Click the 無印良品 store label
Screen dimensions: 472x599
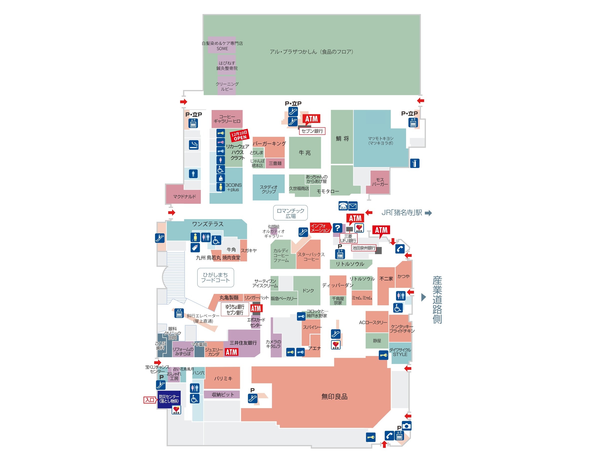(x=334, y=397)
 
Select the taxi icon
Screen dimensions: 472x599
(x=343, y=206)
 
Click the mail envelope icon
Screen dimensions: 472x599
(x=353, y=206)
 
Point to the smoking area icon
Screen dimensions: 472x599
(x=193, y=145)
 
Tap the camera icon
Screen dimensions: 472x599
(x=406, y=426)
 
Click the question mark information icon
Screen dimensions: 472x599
(x=337, y=228)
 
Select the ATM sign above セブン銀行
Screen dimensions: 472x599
(x=311, y=119)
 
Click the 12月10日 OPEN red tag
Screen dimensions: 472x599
(x=240, y=135)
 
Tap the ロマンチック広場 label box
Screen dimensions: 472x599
(x=290, y=213)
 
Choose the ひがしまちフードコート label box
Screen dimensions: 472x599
(x=215, y=277)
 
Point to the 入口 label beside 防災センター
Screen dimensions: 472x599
(x=150, y=400)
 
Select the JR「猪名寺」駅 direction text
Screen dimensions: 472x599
(x=402, y=213)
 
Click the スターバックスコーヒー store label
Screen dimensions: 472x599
(x=311, y=257)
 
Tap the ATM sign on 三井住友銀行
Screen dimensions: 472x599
(x=231, y=352)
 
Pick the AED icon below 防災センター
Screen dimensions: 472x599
(x=176, y=410)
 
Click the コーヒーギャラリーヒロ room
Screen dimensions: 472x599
(x=227, y=119)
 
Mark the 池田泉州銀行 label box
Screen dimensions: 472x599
(x=363, y=248)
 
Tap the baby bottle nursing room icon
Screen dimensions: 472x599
(x=195, y=247)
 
